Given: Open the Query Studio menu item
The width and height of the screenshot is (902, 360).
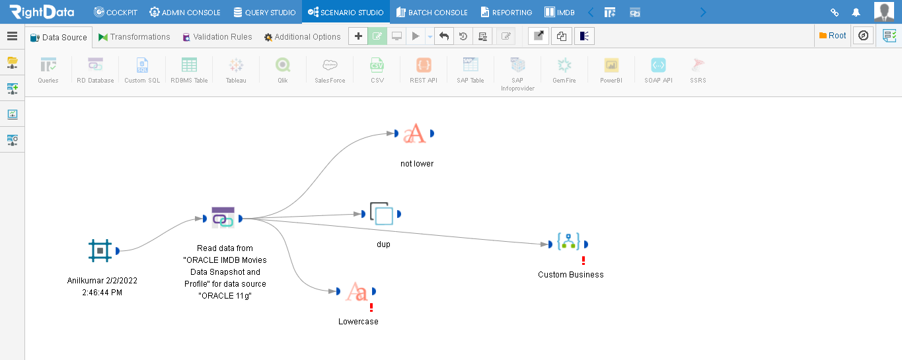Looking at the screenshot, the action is [x=264, y=12].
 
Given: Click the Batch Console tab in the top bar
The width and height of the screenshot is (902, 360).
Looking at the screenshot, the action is [x=432, y=12].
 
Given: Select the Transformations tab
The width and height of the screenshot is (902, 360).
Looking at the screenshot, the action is [x=135, y=37].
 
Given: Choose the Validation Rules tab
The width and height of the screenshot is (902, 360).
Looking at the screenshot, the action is [x=217, y=37].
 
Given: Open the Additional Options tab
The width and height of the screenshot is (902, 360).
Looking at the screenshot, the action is [x=303, y=37].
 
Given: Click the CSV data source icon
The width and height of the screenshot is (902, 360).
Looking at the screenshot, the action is [x=377, y=65].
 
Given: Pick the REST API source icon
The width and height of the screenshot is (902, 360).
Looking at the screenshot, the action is [x=424, y=65].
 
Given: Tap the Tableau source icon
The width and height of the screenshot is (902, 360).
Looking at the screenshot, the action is [x=236, y=65].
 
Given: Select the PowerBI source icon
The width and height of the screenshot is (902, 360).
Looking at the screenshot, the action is [x=611, y=65].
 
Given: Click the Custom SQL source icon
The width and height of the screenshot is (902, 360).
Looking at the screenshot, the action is [x=142, y=65].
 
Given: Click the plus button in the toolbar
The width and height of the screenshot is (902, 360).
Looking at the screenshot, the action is [x=358, y=36].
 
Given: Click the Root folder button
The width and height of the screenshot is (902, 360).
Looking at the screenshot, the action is [x=833, y=36].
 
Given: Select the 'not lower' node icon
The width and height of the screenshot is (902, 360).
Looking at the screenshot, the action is [x=414, y=133].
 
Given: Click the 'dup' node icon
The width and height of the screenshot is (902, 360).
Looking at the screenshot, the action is [x=381, y=213].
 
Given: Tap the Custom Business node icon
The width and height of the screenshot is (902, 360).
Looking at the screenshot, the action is [x=568, y=242].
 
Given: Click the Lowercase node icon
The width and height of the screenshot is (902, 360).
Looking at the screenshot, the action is [x=356, y=291].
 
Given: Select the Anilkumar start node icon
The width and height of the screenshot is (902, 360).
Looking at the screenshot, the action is [x=100, y=250].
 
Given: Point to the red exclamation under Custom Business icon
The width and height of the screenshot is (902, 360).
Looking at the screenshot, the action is [x=583, y=260].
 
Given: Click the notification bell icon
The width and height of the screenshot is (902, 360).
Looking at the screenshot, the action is [x=856, y=13].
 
